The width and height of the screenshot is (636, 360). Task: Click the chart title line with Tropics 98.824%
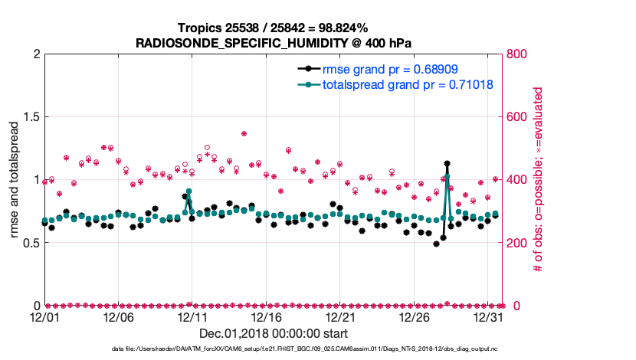pos(273,28)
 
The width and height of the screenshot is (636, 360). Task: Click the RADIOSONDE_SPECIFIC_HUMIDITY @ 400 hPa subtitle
pos(273,44)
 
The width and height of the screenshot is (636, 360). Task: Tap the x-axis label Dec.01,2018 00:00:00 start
pos(273,333)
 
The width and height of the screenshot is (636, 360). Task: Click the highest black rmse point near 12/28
pos(447,163)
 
